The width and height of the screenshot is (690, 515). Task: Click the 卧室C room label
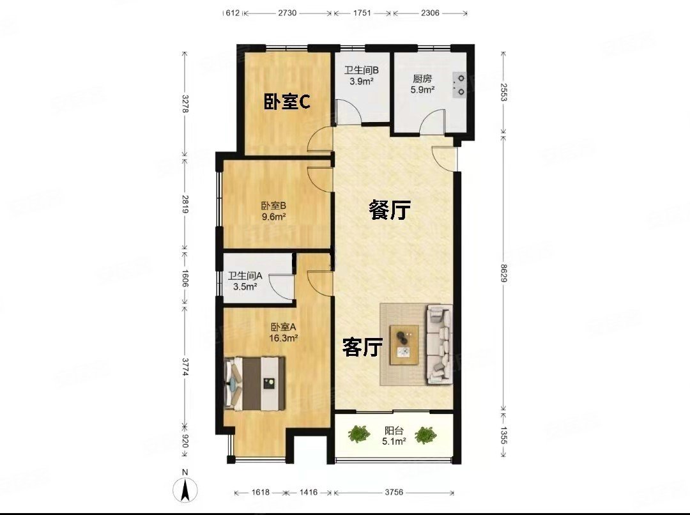point(287,102)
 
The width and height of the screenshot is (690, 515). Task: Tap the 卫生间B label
point(362,70)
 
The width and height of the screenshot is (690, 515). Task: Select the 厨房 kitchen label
point(422,79)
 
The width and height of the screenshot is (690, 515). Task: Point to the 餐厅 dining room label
point(390,210)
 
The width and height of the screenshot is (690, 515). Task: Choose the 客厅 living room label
point(363,348)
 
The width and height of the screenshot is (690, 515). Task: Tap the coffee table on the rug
point(404,344)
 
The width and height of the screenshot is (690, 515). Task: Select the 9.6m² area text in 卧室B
point(273,217)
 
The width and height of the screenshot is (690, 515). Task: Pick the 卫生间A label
point(246,277)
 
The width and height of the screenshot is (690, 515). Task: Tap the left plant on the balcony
point(360,434)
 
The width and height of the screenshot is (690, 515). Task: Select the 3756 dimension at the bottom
point(394,493)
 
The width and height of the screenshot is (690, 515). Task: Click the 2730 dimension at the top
point(287,13)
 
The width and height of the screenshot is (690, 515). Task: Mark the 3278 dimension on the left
point(185,104)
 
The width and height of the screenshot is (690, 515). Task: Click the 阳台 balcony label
point(393,431)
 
